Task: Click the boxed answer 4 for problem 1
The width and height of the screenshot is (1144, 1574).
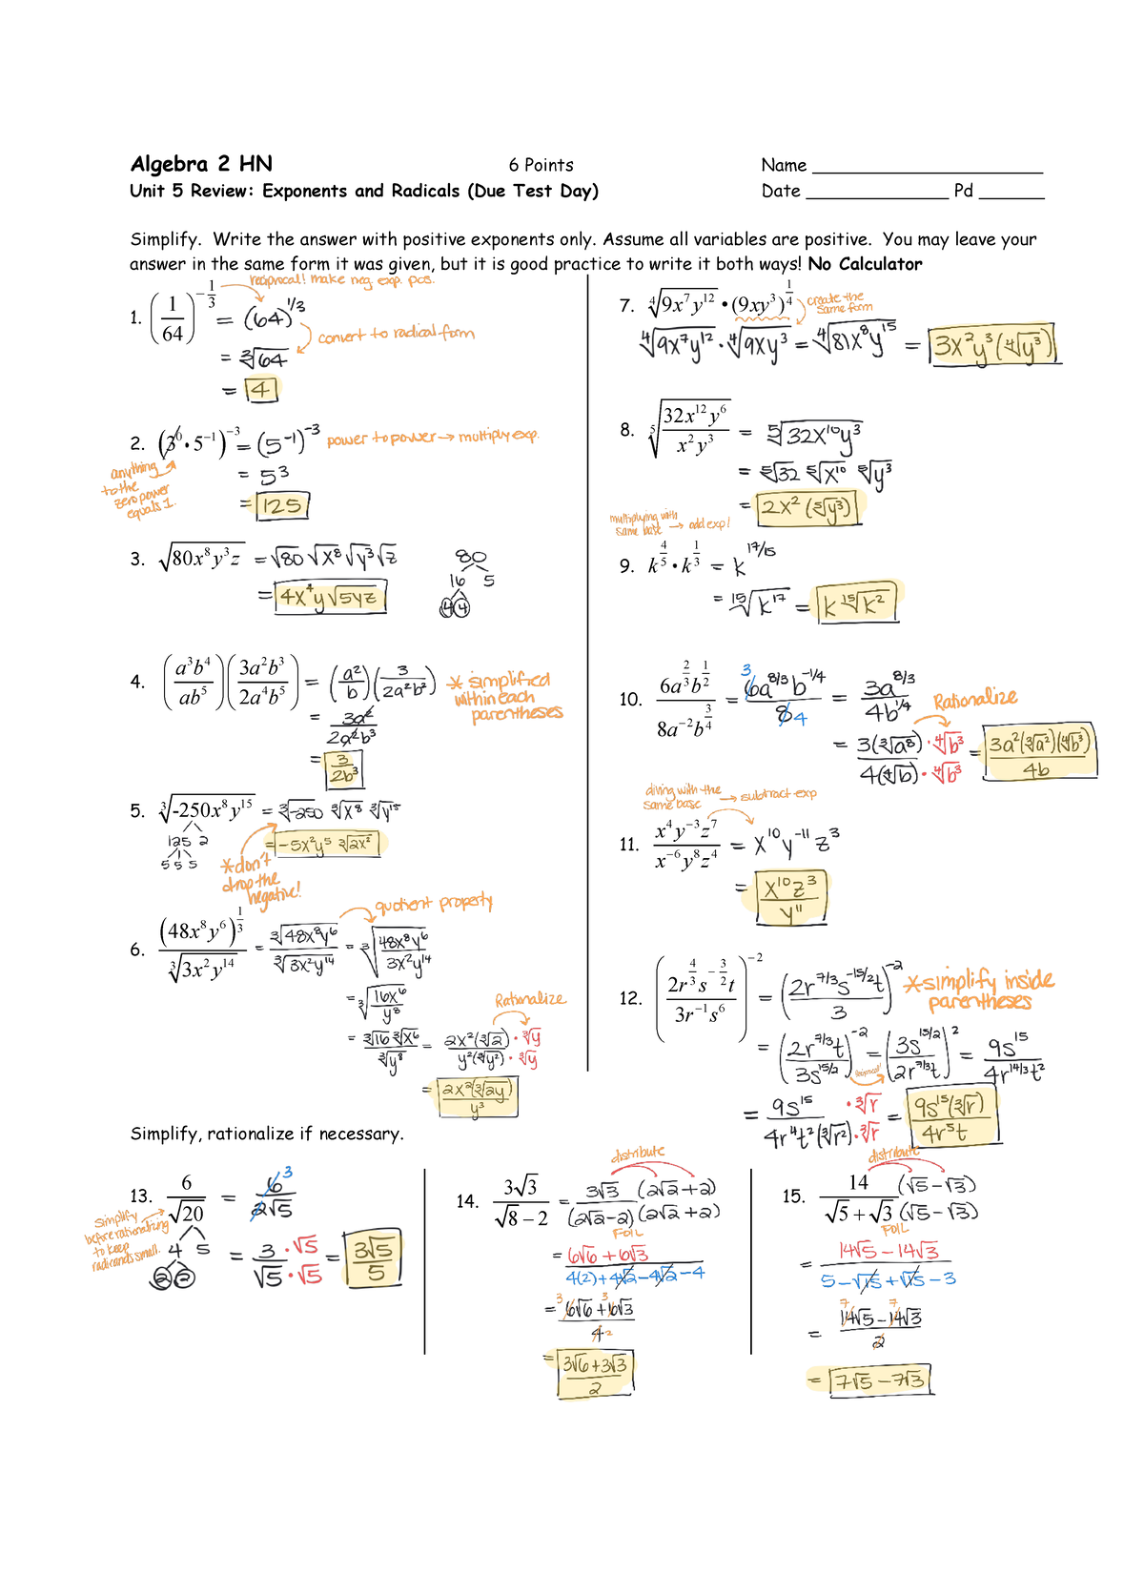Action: (x=260, y=389)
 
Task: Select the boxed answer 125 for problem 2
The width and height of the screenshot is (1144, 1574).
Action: (x=282, y=504)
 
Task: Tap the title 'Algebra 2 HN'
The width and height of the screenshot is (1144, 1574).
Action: (x=201, y=164)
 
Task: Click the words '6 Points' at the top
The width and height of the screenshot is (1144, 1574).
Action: (x=541, y=165)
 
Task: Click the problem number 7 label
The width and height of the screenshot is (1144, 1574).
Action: (x=626, y=306)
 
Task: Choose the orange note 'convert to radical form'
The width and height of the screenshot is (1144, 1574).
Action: (x=396, y=334)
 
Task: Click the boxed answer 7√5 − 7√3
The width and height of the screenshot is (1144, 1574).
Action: (x=879, y=1380)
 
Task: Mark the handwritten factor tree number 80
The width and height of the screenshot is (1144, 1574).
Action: (x=470, y=557)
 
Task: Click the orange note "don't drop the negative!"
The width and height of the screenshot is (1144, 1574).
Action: (x=259, y=878)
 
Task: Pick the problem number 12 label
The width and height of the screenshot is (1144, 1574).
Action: (x=630, y=998)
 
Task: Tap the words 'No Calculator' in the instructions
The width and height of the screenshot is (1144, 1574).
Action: (x=865, y=264)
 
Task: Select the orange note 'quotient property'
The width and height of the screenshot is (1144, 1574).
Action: (x=433, y=903)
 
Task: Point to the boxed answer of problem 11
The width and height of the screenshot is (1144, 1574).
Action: (x=790, y=897)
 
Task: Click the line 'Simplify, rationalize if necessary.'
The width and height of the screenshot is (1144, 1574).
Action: (x=267, y=1134)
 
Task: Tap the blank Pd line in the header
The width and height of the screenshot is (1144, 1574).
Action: (x=1011, y=193)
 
